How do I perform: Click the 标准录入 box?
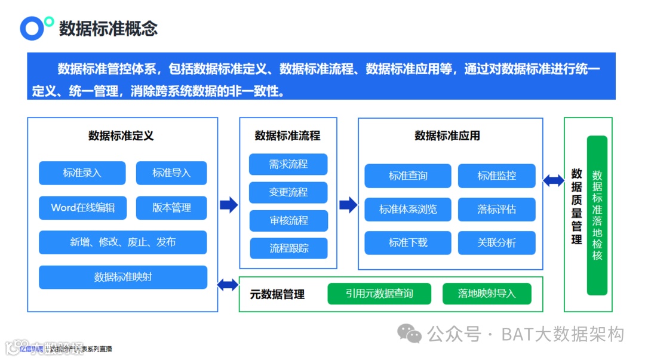[x=82, y=173]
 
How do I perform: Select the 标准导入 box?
[x=171, y=173]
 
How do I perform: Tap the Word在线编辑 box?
[x=82, y=208]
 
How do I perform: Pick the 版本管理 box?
[x=171, y=208]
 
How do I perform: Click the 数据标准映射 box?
[x=123, y=277]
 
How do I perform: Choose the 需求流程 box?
[x=288, y=164]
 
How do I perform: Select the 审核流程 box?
[x=288, y=220]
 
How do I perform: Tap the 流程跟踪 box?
[x=288, y=248]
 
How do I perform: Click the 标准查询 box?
[x=408, y=176]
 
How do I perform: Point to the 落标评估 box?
[x=496, y=210]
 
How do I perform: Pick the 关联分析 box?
[x=496, y=243]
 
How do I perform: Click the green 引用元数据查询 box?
[x=379, y=294]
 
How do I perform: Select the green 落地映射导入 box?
[x=487, y=294]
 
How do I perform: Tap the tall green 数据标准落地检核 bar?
[x=597, y=216]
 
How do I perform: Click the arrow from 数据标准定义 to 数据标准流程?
[x=229, y=205]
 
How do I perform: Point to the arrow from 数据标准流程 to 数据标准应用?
[x=348, y=205]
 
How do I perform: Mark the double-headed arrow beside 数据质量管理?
[x=554, y=180]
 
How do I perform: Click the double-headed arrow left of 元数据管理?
[x=228, y=285]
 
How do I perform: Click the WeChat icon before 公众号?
[x=410, y=334]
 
